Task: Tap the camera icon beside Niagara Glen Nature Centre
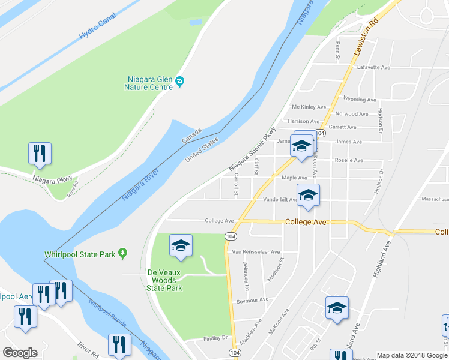coord(179,82)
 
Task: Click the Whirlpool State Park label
coord(79,254)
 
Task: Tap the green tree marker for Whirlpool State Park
coord(122,254)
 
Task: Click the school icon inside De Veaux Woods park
coord(181,246)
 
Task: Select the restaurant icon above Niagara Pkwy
coord(40,153)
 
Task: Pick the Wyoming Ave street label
coord(360,100)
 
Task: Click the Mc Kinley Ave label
coord(308,107)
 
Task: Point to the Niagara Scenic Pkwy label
coord(252,149)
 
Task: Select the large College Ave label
coord(306,222)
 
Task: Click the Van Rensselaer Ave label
coord(256,252)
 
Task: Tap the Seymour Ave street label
coord(252,299)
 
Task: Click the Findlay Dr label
coord(216,338)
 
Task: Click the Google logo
coord(20,353)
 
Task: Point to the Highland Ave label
coord(382,259)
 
